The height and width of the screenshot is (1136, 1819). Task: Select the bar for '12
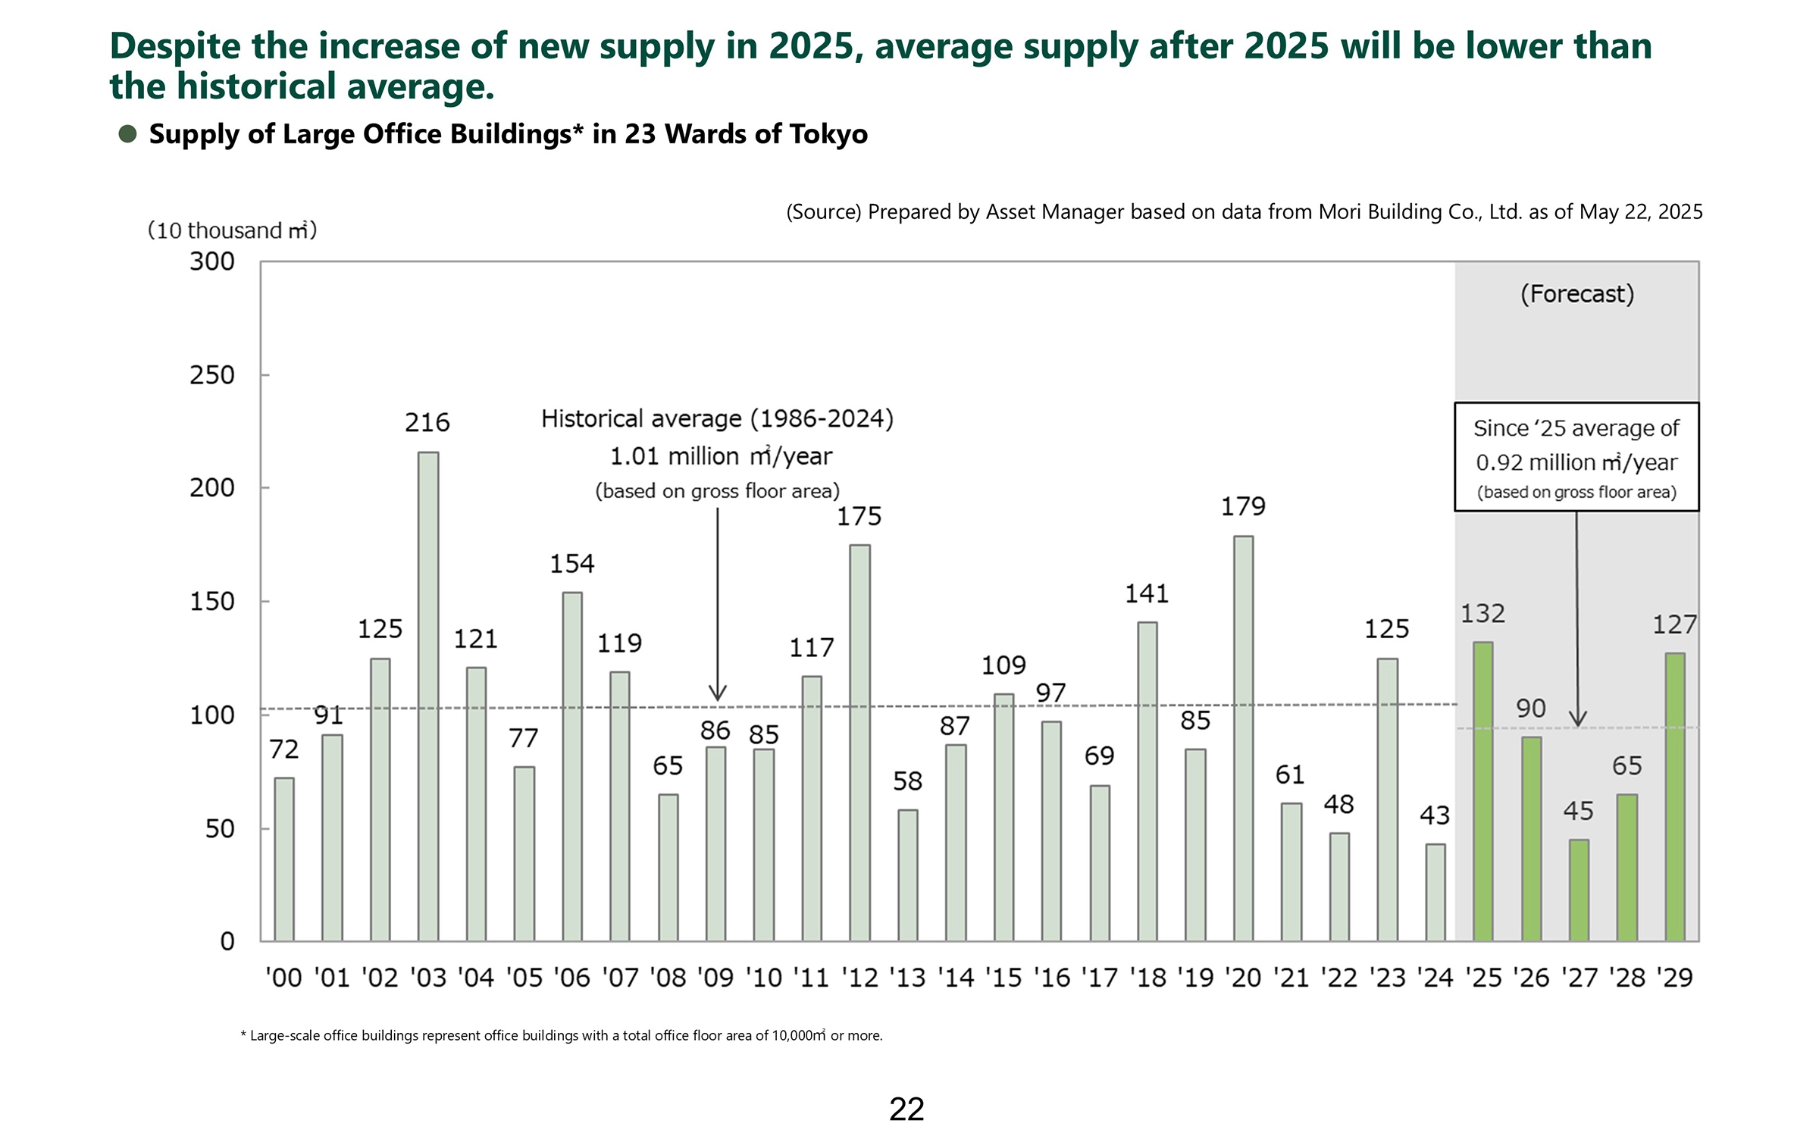[x=859, y=743]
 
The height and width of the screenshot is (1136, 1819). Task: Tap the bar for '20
[x=1243, y=738]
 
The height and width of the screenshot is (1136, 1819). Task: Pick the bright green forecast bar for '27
[x=1579, y=890]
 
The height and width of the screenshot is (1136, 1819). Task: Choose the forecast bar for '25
[x=1482, y=791]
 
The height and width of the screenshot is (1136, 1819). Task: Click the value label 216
[x=427, y=422]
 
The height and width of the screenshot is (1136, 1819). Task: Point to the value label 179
[x=1243, y=506]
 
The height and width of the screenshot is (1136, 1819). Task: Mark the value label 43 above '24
[x=1434, y=815]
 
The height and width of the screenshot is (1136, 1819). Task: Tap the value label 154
[x=571, y=564]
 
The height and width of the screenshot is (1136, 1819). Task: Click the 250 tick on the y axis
[x=212, y=375]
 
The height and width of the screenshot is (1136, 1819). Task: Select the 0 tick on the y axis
[x=227, y=941]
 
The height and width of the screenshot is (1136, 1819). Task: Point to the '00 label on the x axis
[x=283, y=978]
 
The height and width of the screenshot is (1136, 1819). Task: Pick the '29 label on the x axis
[x=1674, y=978]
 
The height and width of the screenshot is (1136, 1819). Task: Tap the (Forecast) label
[x=1577, y=294]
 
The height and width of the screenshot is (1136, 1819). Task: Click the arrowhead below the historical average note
[x=717, y=693]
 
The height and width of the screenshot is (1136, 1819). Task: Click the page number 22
[x=906, y=1109]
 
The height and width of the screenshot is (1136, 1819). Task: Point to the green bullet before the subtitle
[x=127, y=134]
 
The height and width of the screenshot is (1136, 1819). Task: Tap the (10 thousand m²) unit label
[x=232, y=230]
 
